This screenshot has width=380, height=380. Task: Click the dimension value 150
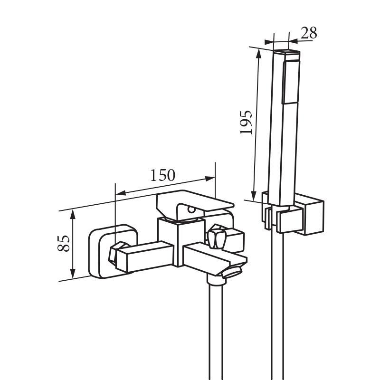[162, 175]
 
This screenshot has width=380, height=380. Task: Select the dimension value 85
[64, 243]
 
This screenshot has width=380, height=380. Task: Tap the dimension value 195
[246, 122]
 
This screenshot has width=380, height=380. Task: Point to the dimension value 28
[309, 33]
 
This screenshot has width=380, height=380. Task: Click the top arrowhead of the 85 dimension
[73, 215]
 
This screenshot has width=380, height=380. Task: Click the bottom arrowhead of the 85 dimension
[73, 274]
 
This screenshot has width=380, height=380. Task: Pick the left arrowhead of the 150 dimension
[121, 193]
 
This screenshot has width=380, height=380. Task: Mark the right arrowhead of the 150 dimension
[210, 179]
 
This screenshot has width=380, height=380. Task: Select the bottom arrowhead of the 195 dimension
[254, 196]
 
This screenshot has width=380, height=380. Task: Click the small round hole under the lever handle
[191, 209]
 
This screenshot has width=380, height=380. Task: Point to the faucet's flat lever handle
[194, 202]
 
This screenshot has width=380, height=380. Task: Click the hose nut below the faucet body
[217, 280]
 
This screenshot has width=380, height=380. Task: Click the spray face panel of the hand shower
[291, 82]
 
